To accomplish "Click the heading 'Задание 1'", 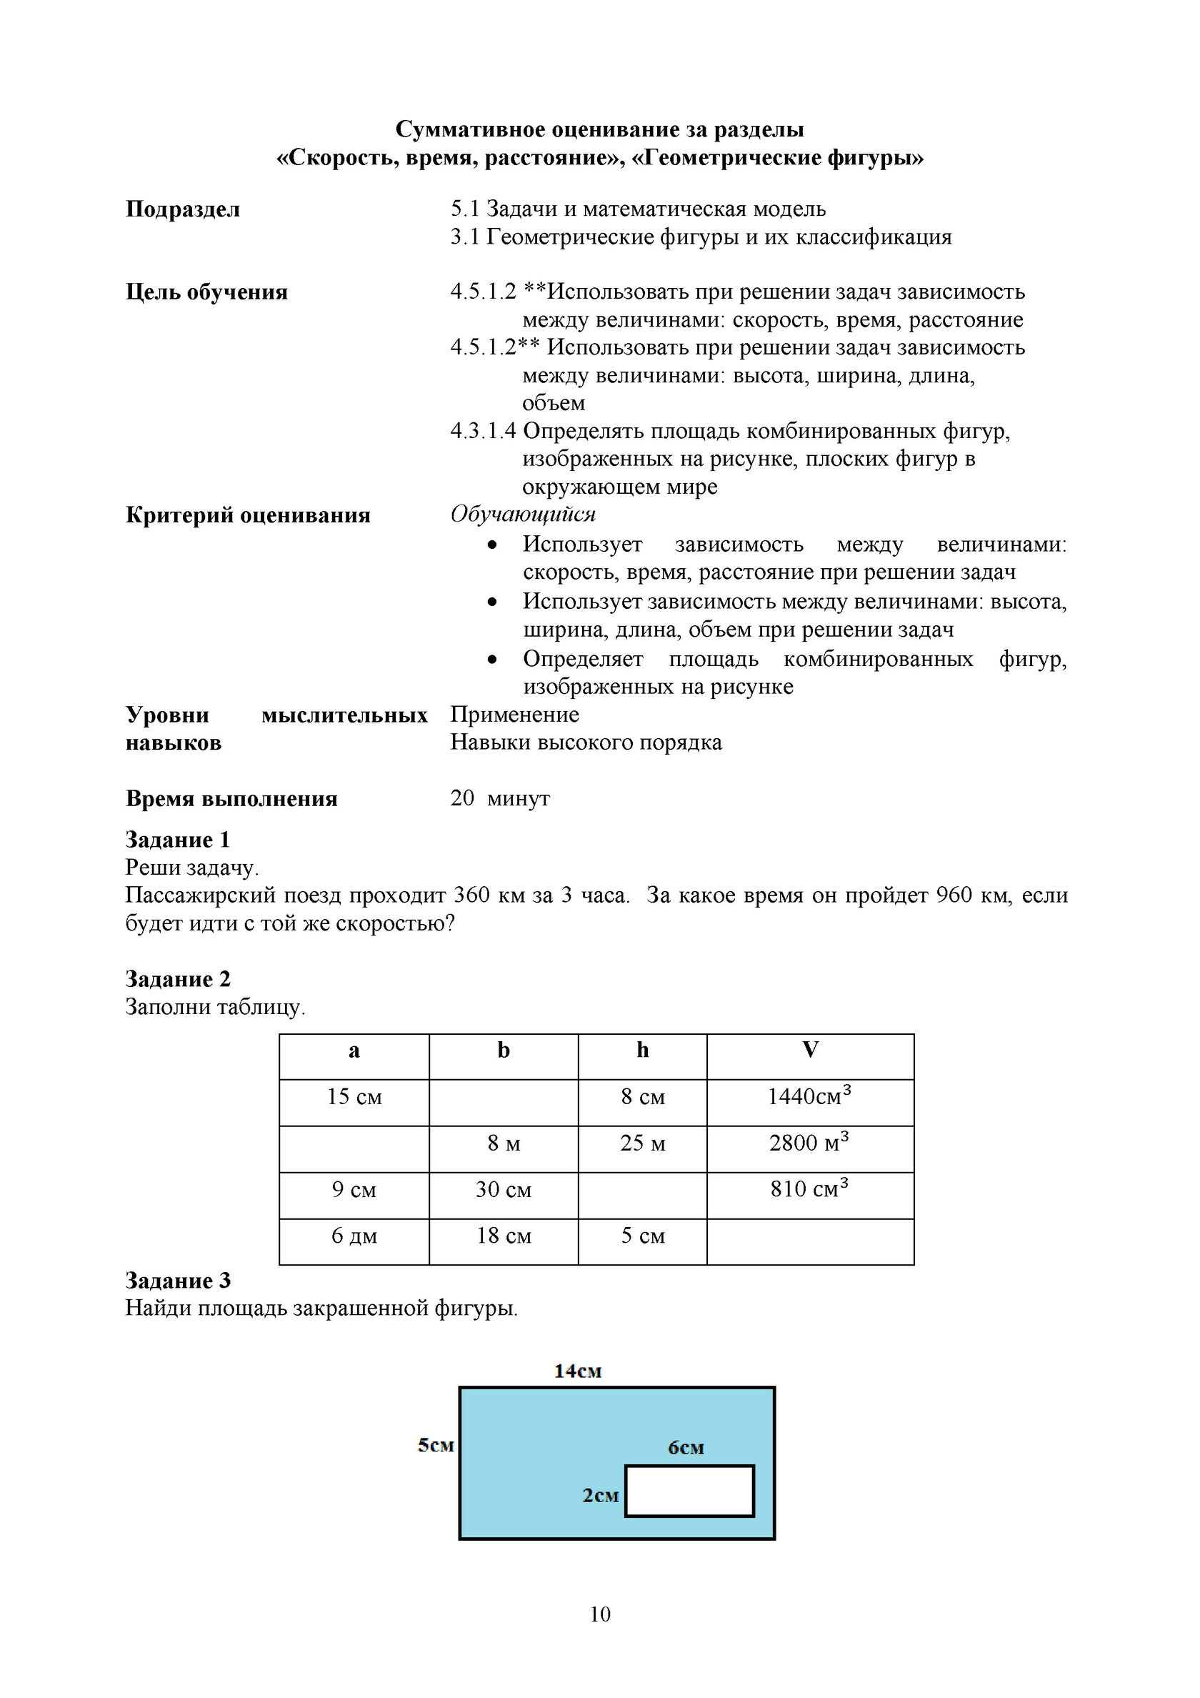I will [x=177, y=840].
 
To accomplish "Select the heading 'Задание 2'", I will [x=177, y=978].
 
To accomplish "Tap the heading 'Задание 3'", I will [x=177, y=1280].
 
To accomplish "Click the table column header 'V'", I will [x=809, y=1050].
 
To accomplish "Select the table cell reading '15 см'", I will [x=354, y=1097].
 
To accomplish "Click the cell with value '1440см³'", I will [x=809, y=1096].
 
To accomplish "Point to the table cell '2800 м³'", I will [x=809, y=1143].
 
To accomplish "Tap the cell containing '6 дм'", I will [x=354, y=1236].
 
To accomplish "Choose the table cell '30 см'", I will [x=504, y=1189].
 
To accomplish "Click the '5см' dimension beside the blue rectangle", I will [x=436, y=1445].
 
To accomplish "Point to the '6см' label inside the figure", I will [x=686, y=1447].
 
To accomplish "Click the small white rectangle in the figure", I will [x=689, y=1491].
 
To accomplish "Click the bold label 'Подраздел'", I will [x=183, y=209].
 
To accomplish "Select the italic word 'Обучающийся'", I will [x=523, y=514].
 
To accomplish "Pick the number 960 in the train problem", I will [x=953, y=895].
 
